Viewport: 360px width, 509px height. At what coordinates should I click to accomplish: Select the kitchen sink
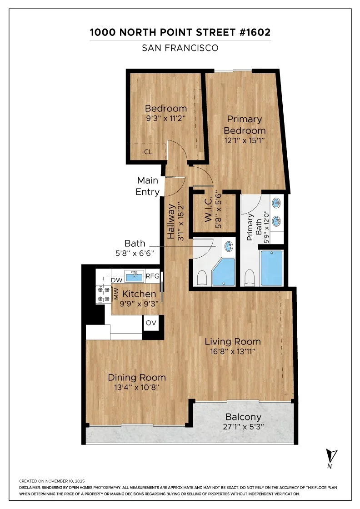point(134,275)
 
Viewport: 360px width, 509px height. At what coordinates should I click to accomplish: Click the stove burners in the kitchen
point(103,294)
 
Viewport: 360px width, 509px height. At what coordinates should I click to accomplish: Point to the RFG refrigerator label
point(152,275)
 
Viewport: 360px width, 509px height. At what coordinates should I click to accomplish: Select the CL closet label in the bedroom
point(148,152)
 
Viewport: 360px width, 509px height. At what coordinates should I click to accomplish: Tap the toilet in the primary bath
point(249,277)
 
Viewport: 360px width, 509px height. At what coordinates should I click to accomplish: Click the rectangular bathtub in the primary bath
point(272,268)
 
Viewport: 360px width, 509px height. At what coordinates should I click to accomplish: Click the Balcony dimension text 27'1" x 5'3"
point(243,427)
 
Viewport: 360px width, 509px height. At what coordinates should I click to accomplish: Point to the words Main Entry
point(148,186)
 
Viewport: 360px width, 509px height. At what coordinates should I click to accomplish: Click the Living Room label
point(232,341)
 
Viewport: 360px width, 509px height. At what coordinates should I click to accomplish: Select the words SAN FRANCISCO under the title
point(180,47)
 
